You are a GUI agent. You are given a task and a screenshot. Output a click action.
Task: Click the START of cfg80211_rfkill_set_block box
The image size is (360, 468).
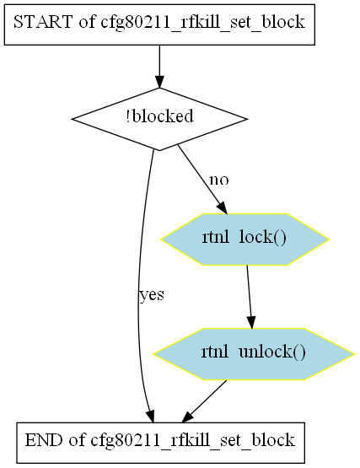[159, 24]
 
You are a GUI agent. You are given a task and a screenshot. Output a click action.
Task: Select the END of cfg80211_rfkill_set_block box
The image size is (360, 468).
[160, 443]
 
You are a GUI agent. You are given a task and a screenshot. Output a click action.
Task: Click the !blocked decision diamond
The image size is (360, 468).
[159, 119]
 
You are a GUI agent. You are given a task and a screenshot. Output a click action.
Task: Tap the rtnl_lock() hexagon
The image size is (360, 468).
[244, 239]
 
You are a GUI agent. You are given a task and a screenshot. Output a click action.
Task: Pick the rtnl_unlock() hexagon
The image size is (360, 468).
[254, 354]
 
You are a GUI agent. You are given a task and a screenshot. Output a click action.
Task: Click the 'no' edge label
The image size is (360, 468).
[219, 180]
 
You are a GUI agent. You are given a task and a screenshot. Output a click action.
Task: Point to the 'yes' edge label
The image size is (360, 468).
[152, 295]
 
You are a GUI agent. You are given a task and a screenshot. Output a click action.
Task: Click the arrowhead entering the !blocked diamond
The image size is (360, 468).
[159, 82]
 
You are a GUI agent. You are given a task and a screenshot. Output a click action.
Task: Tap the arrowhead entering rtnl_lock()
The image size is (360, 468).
[222, 208]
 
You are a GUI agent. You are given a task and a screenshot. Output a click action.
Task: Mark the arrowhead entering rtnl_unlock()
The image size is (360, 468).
[251, 323]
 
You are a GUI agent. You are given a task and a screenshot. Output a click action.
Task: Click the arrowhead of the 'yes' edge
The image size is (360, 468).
[150, 417]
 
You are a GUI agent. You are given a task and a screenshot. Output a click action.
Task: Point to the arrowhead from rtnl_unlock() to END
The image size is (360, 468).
[187, 417]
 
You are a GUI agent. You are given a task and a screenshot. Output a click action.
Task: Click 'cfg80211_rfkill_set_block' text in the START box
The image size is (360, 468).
[203, 23]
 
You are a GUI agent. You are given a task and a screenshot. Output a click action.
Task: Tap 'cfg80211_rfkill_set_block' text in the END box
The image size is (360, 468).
[193, 441]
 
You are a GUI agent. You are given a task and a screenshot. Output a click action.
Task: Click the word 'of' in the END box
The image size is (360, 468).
[77, 440]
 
